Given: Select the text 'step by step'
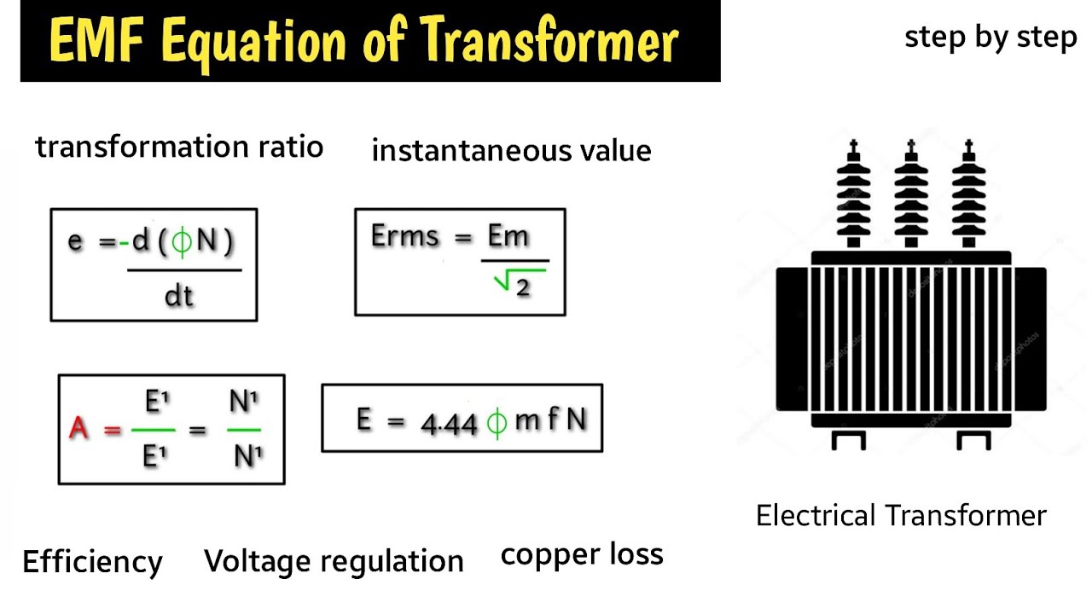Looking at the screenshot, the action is [x=990, y=38].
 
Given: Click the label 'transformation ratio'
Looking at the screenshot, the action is [x=179, y=147].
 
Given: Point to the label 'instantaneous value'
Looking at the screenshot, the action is [x=511, y=151].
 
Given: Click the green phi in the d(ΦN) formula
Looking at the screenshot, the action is [x=182, y=242].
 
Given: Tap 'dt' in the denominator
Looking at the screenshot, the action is [x=178, y=296].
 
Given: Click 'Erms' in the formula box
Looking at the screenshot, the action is [x=404, y=236].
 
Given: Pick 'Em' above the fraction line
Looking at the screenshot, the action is [x=508, y=235].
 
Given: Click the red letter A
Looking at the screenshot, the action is [x=78, y=428].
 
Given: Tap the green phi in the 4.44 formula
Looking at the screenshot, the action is [x=497, y=421].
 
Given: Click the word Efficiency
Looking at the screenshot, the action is [x=92, y=562].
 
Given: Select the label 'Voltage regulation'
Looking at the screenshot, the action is [x=334, y=561].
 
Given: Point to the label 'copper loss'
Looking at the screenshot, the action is [x=582, y=554].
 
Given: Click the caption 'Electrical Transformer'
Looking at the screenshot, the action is [x=901, y=516].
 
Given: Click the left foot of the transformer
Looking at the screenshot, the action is [x=848, y=440].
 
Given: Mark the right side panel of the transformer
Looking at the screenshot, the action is [x=1031, y=339].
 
